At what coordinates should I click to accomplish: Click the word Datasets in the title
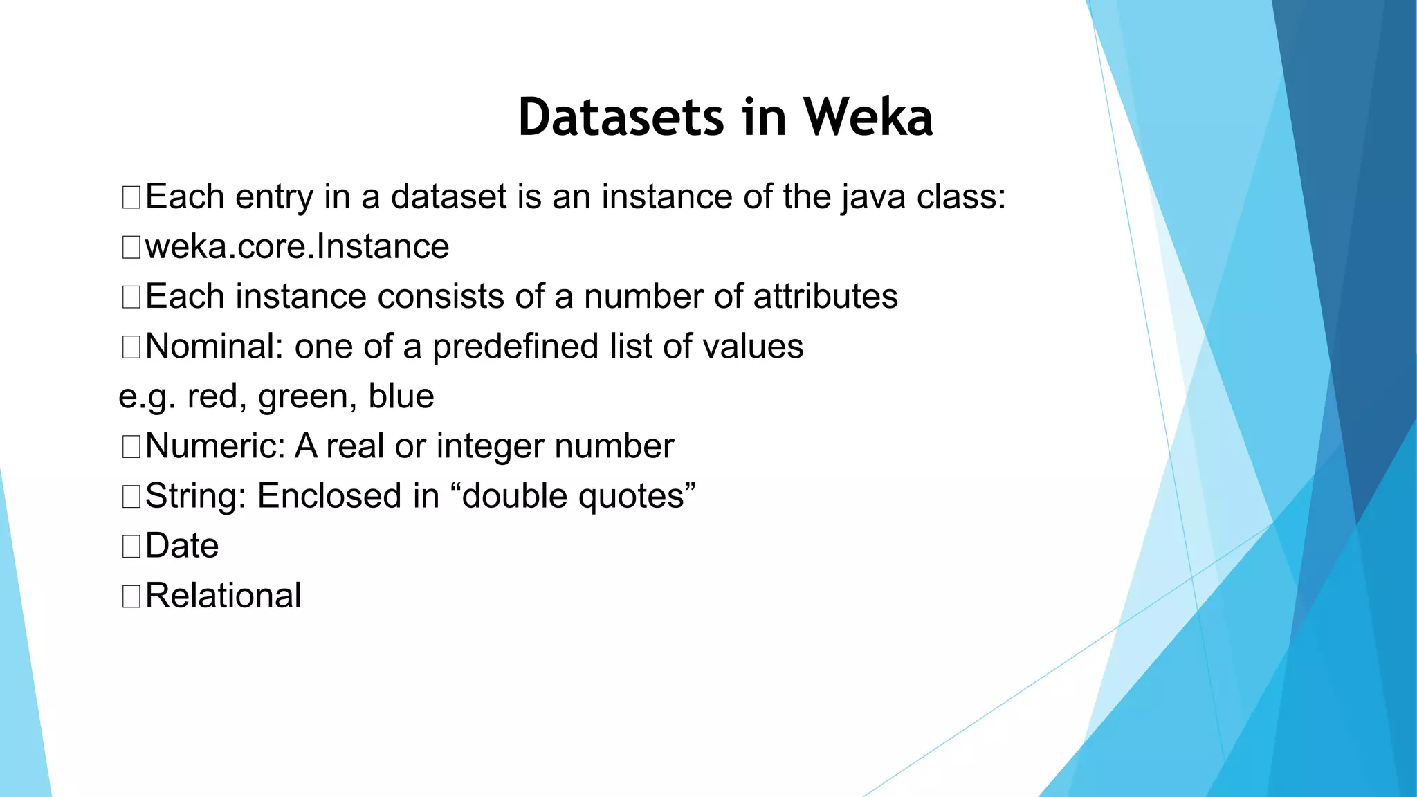621,117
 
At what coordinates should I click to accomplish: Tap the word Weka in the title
868,117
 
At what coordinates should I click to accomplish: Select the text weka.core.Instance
297,247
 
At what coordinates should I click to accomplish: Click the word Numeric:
215,446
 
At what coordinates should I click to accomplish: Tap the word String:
196,496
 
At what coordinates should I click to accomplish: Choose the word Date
182,546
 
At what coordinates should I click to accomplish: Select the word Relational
223,596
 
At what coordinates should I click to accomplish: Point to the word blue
401,396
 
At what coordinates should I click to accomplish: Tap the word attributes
825,297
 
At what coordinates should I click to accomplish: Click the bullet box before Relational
131,596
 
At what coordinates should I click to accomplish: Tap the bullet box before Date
131,547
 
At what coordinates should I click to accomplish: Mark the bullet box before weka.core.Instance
131,248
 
